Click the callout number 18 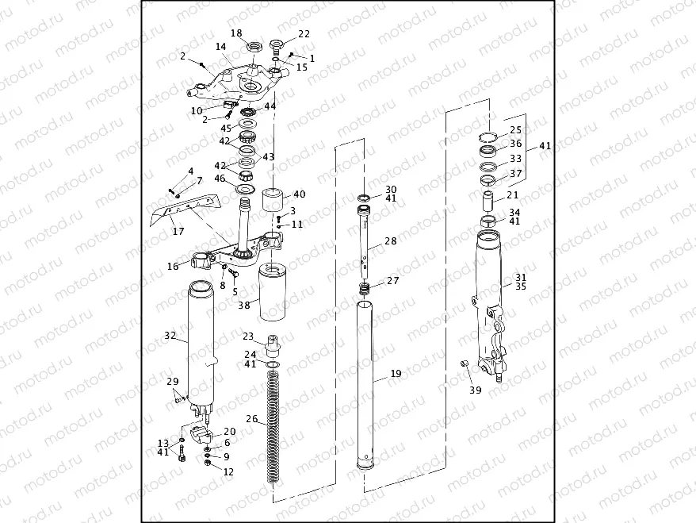coord(236,33)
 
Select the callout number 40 coord(299,194)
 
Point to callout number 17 coord(178,232)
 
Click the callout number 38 coord(244,304)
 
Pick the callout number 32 coord(170,336)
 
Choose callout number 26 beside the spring coord(251,419)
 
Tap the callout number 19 coord(396,373)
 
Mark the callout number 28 coord(390,240)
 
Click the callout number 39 coord(475,390)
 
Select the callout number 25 coord(515,129)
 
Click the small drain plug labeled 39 coord(466,363)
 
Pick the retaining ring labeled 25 coord(489,135)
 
